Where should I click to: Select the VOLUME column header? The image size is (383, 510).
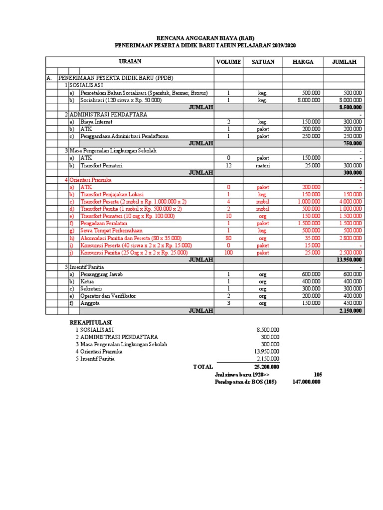tap(228, 62)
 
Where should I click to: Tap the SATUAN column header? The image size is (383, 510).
tap(262, 62)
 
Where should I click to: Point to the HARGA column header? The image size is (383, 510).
tap(302, 62)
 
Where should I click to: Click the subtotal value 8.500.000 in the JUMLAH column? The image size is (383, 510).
tap(351, 107)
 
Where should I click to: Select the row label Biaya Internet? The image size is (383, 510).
tap(97, 122)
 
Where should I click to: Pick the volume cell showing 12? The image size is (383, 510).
tap(228, 165)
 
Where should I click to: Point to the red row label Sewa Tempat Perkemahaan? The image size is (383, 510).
tap(111, 231)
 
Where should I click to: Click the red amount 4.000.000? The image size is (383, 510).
tap(351, 202)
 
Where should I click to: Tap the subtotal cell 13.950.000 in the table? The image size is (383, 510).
tap(350, 260)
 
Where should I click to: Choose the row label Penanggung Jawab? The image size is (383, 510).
tap(102, 274)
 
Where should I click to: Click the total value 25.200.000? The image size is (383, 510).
tap(266, 367)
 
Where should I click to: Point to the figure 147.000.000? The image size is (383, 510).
tap(306, 382)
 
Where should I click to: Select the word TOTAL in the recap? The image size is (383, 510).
tap(203, 367)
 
